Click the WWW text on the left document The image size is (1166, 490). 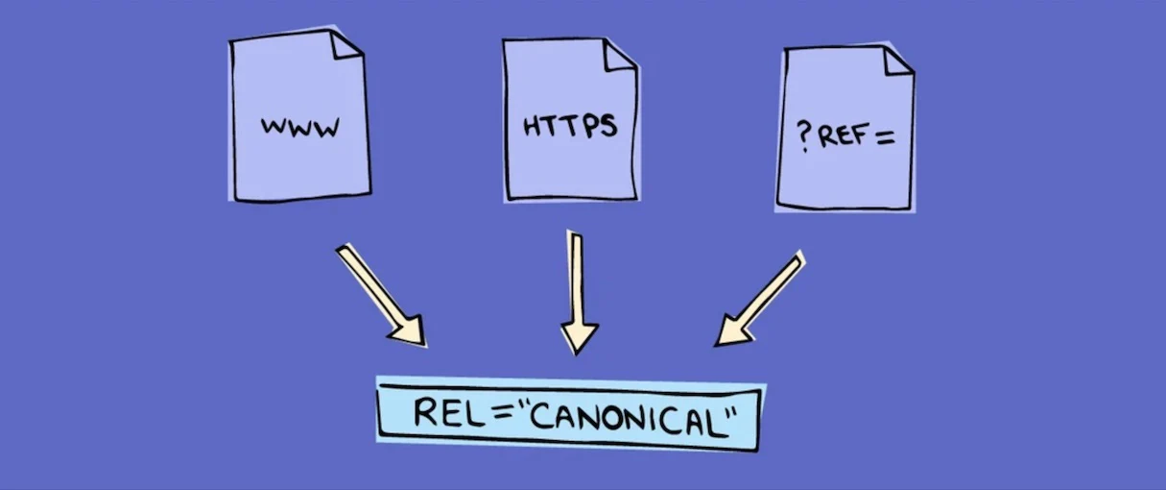click(x=299, y=127)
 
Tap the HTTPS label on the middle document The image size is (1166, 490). click(x=570, y=126)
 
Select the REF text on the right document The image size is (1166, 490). click(x=843, y=135)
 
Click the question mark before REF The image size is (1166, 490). click(x=804, y=136)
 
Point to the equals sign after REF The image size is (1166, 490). click(x=885, y=137)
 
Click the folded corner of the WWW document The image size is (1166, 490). click(x=345, y=44)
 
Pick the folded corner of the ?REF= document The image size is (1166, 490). click(x=898, y=61)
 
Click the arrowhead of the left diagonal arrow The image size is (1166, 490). click(x=409, y=331)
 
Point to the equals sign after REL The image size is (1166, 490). click(x=502, y=414)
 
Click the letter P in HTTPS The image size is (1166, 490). click(x=591, y=127)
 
